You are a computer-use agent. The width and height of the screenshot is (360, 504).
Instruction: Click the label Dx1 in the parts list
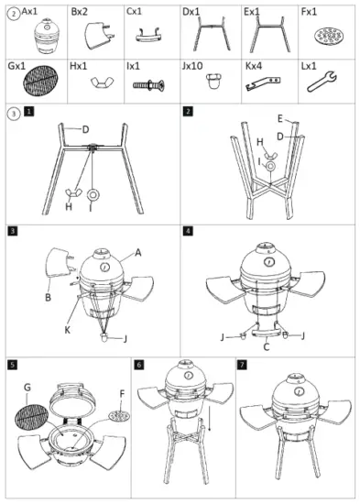[191, 12]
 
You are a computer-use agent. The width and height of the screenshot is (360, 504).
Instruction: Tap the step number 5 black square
[12, 364]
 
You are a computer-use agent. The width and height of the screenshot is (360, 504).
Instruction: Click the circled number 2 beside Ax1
[12, 13]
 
